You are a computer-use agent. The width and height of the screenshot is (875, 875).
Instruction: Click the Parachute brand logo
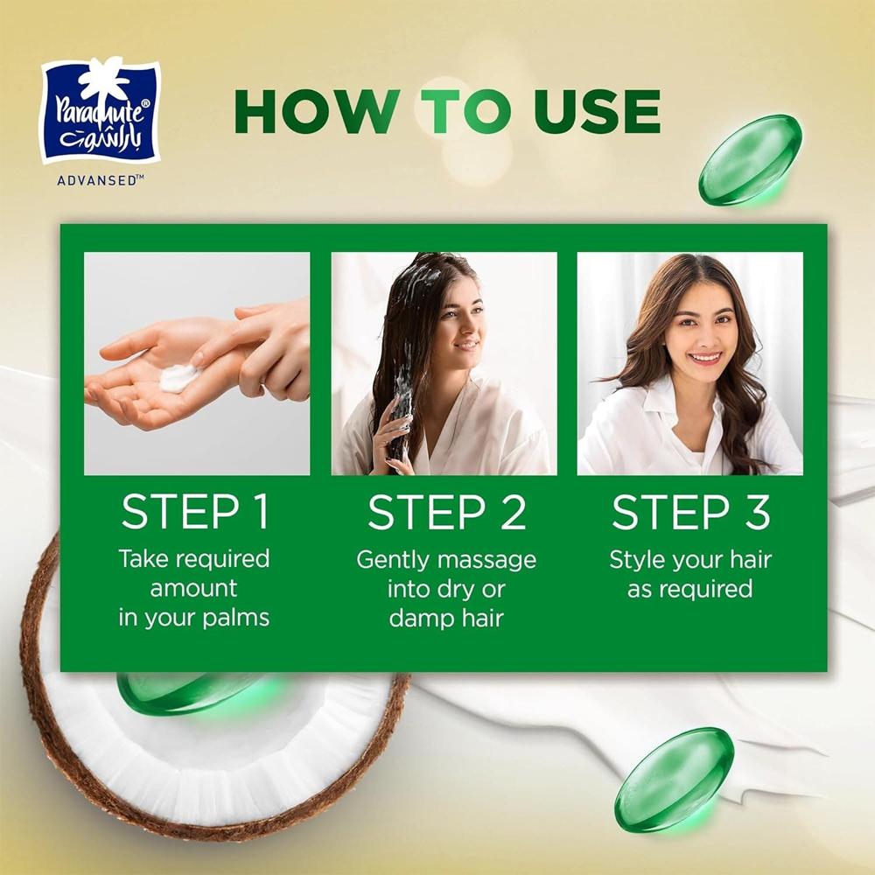point(101,112)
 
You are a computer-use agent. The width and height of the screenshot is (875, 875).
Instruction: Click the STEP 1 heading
point(195,512)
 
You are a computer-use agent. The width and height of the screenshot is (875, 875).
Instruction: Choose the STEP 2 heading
point(447,512)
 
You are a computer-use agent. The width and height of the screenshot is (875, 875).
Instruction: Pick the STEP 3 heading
point(691,512)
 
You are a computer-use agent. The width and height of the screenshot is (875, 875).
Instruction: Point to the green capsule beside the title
point(750,159)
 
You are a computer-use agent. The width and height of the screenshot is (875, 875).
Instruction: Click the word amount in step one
point(193,589)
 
